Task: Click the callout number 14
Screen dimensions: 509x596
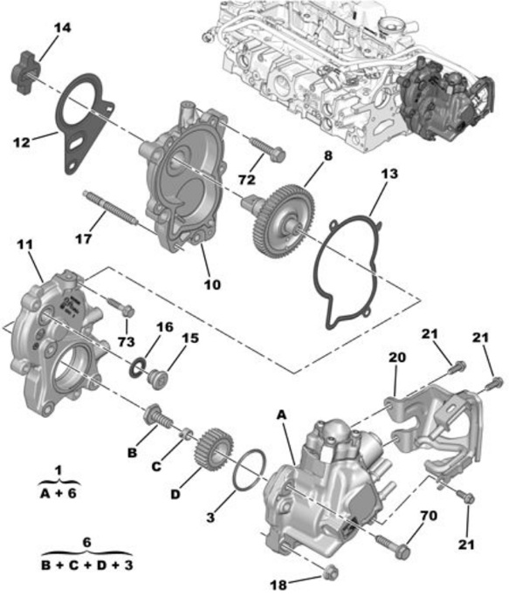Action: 62,28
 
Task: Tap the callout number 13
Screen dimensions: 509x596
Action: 389,174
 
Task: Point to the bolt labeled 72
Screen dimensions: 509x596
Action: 267,150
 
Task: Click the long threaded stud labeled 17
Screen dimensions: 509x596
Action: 109,209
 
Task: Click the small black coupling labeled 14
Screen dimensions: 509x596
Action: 25,71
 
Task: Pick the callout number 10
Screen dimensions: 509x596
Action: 212,284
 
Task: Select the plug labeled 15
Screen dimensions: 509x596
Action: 157,379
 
